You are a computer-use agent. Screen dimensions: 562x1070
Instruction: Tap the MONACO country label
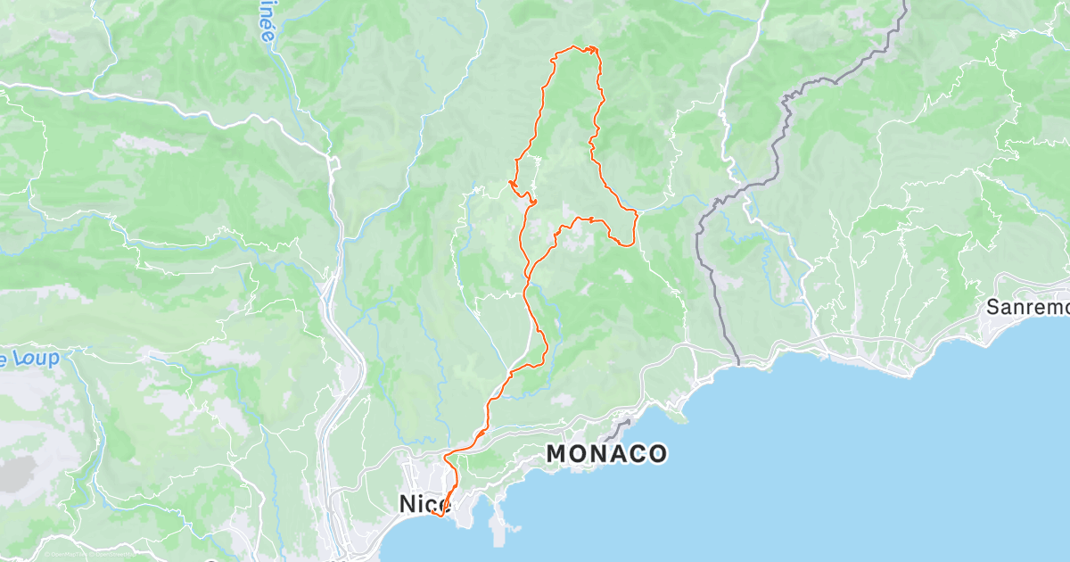(x=605, y=454)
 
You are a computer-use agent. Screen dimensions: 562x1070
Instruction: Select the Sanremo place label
(x=1026, y=308)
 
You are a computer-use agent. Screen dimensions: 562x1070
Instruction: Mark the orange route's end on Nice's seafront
(x=431, y=512)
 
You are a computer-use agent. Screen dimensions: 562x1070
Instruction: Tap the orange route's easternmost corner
(x=636, y=214)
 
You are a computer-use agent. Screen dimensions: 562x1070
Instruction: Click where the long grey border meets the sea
(x=738, y=363)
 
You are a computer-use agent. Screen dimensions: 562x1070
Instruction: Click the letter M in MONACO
(x=556, y=454)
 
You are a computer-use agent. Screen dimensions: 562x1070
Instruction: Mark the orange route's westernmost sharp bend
(x=511, y=183)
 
